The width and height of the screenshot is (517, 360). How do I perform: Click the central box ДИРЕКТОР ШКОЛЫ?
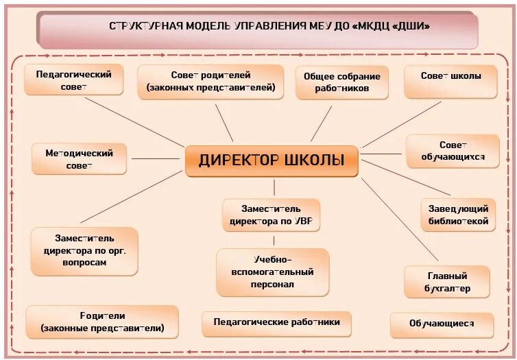(272, 161)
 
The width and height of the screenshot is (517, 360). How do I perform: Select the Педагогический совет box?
(73, 80)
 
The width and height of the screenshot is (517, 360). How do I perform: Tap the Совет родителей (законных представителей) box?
(211, 82)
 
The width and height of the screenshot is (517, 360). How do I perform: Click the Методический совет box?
(80, 159)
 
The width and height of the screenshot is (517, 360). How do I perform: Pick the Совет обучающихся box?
(453, 151)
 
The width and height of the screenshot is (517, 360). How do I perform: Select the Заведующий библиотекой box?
(458, 215)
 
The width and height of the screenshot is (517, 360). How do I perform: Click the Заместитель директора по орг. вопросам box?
(84, 251)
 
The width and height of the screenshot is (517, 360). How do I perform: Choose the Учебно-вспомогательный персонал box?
(273, 272)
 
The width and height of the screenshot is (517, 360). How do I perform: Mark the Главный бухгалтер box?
(447, 282)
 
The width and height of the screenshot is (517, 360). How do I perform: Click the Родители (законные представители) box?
(102, 322)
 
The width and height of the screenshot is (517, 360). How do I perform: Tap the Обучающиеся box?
(442, 325)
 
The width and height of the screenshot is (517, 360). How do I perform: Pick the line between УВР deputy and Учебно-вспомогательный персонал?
(274, 241)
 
